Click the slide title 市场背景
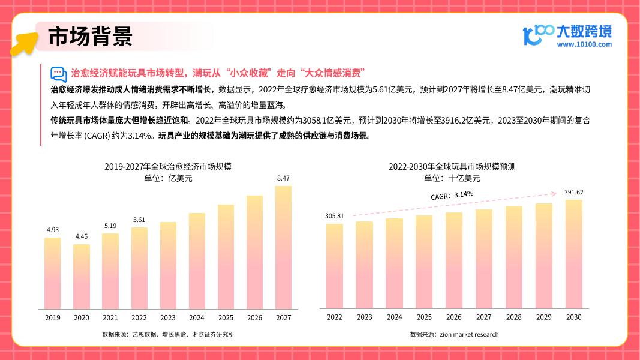[x=90, y=37]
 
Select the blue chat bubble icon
[x=58, y=74]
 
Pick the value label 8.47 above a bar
[x=283, y=178]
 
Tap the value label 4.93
[x=53, y=230]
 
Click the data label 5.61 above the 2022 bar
[x=139, y=220]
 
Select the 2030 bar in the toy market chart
[x=574, y=254]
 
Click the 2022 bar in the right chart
[x=335, y=266]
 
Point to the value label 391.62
[x=574, y=192]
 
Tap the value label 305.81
[x=335, y=216]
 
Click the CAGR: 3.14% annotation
[x=452, y=195]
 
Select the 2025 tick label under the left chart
[x=226, y=317]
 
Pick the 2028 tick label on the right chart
[x=513, y=317]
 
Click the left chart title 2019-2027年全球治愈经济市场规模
[x=168, y=167]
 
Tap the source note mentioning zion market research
[x=454, y=334]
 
